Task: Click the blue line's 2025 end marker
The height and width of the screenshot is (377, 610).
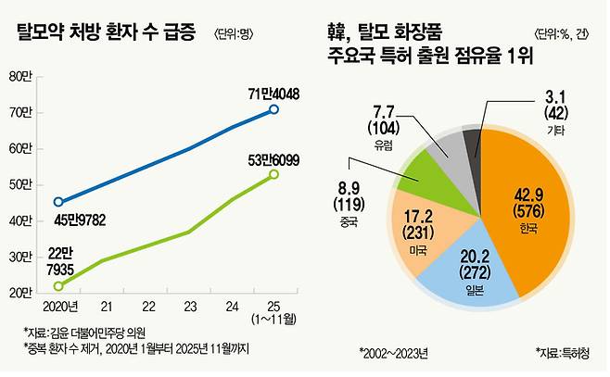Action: tap(273, 109)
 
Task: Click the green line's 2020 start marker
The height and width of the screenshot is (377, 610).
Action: tap(58, 285)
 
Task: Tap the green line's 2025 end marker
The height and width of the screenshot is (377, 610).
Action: tap(273, 173)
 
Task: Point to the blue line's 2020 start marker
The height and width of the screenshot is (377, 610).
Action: tap(58, 201)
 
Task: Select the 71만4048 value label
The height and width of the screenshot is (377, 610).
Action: tap(273, 94)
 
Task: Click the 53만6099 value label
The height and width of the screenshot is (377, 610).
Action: tap(272, 157)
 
